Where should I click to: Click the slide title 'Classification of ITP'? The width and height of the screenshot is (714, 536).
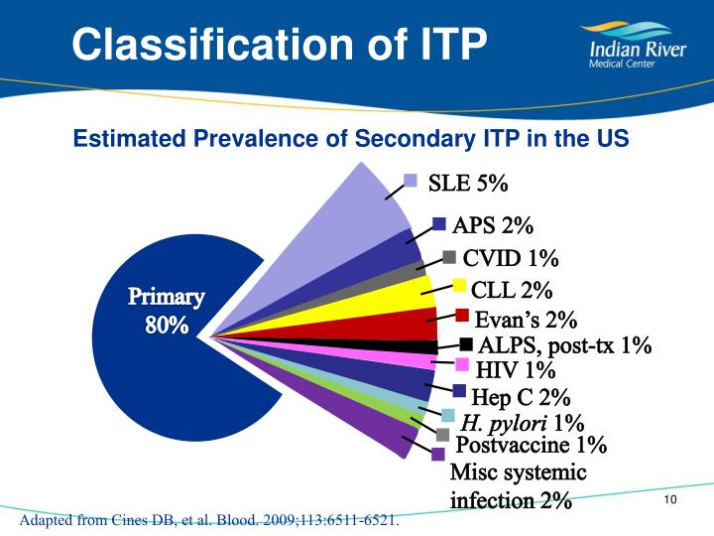pyautogui.click(x=281, y=45)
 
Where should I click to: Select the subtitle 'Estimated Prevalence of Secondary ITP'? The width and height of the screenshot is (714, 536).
pyautogui.click(x=351, y=139)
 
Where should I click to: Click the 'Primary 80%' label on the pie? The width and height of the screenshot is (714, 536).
pyautogui.click(x=168, y=311)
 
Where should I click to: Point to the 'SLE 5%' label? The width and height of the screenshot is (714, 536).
pyautogui.click(x=468, y=184)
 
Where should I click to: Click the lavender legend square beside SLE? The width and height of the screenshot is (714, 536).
pyautogui.click(x=411, y=180)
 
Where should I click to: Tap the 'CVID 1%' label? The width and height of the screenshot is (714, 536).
pyautogui.click(x=511, y=259)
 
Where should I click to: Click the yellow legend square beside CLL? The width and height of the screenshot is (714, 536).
pyautogui.click(x=460, y=287)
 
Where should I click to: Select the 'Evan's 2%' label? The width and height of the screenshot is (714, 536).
pyautogui.click(x=526, y=320)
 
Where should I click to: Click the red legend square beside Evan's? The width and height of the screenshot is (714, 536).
pyautogui.click(x=462, y=316)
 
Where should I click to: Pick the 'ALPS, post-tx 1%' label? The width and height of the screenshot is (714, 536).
pyautogui.click(x=564, y=346)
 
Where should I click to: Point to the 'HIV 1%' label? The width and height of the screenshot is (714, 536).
pyautogui.click(x=516, y=372)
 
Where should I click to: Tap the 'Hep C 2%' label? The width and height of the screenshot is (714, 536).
pyautogui.click(x=521, y=398)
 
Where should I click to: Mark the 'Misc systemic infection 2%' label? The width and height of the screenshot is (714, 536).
pyautogui.click(x=518, y=485)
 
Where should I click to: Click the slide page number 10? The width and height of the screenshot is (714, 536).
pyautogui.click(x=669, y=498)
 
